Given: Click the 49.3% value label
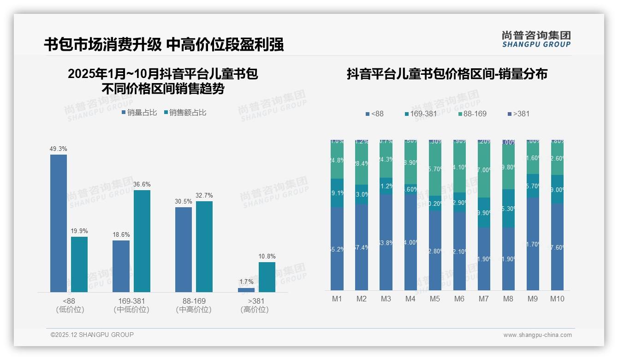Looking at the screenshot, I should click(59, 149).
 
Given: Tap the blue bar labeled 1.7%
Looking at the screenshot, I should click(246, 290).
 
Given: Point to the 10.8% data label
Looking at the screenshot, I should click(267, 256).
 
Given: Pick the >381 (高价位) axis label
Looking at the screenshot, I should click(254, 305).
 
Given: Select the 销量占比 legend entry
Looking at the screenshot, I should click(139, 112).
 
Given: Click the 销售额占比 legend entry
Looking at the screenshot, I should click(185, 112).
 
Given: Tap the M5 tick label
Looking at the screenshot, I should click(435, 299).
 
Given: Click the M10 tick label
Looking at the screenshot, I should click(557, 299).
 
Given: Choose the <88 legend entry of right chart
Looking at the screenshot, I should click(374, 114).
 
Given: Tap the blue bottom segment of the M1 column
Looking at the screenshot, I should click(337, 249).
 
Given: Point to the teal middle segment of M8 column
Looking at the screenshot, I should click(508, 208).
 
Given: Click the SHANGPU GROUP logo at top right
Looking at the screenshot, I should click(536, 39).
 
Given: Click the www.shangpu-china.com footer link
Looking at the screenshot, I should click(537, 335).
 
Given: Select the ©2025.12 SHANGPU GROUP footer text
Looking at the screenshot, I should click(92, 335).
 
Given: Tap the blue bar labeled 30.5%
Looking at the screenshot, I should click(184, 249).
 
